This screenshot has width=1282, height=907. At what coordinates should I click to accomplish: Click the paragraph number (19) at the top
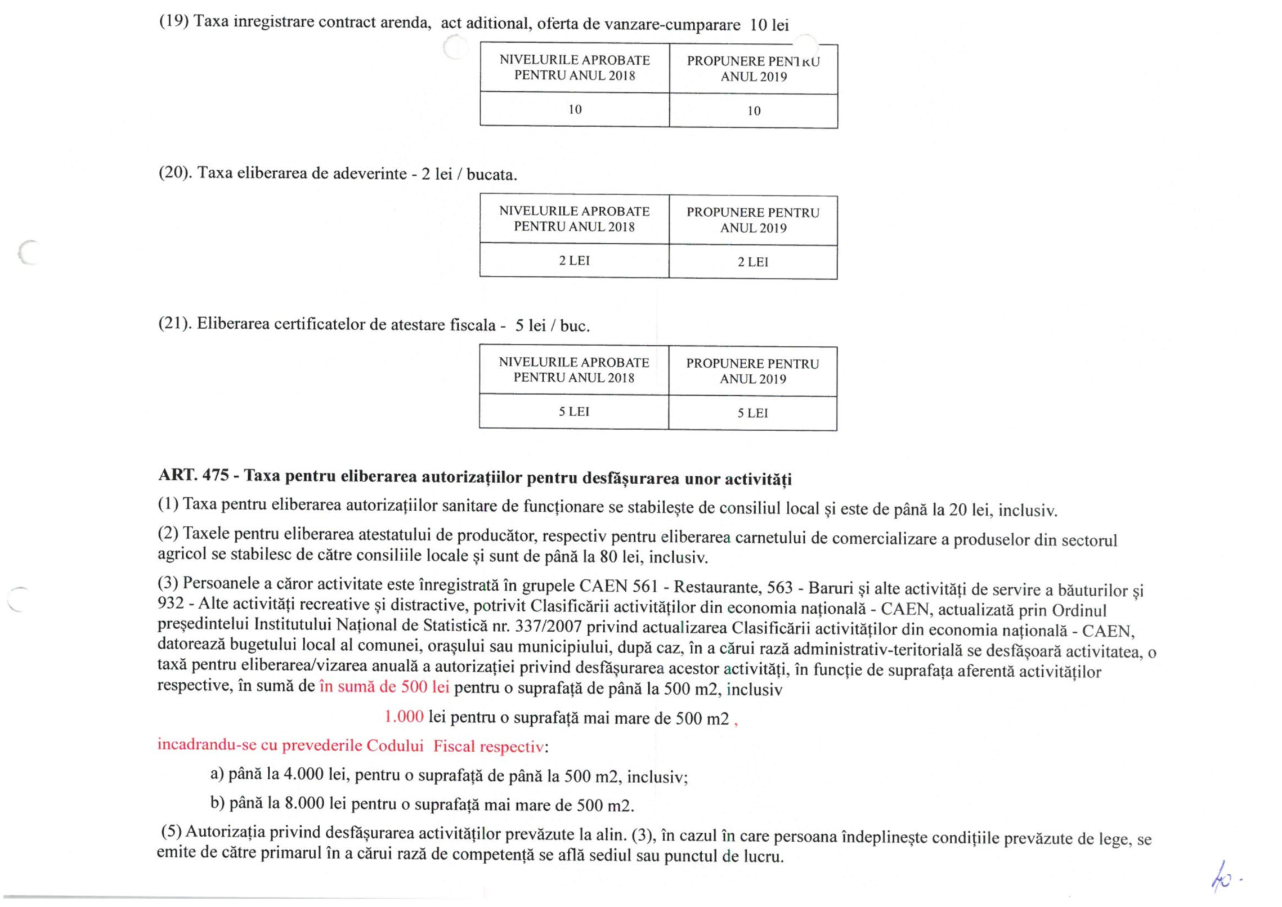point(174,23)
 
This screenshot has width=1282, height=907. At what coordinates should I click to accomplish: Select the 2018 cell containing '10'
point(575,109)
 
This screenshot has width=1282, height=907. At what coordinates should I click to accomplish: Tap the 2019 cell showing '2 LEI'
point(753,262)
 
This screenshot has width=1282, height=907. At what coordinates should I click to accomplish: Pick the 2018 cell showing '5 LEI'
point(574,412)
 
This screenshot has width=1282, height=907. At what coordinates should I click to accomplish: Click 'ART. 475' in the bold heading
point(194,476)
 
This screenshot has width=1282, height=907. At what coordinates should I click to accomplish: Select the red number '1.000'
point(404,717)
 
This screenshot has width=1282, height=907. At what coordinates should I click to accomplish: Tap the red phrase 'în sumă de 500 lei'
point(384,687)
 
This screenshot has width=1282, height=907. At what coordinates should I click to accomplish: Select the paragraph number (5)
point(171,831)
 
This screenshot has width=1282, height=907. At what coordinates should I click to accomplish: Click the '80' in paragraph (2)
point(608,557)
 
